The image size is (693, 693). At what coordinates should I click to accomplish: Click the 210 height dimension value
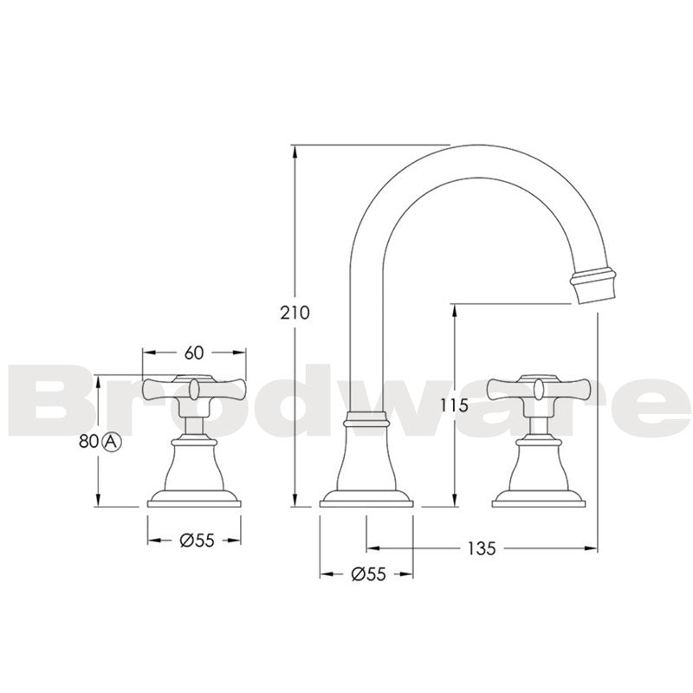coord(295,313)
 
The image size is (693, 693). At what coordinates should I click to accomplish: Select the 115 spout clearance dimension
coord(453,405)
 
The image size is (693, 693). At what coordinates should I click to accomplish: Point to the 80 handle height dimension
coord(87,441)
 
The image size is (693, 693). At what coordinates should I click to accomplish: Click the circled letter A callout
coord(111,441)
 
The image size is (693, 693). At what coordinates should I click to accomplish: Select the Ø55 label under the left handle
coord(196,540)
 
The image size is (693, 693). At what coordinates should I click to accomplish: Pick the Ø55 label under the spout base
coord(368,573)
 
